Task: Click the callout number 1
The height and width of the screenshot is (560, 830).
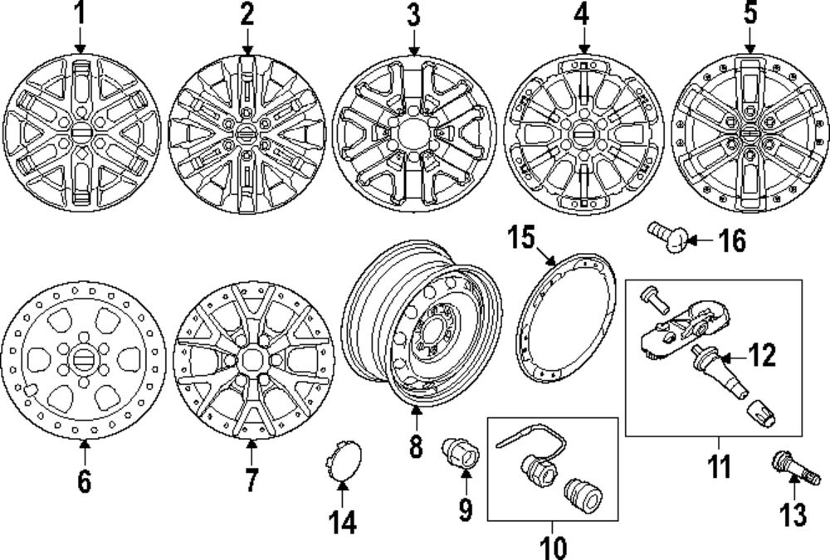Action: (80, 14)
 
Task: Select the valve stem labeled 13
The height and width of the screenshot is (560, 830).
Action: (793, 467)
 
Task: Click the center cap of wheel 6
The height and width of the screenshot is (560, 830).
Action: (82, 362)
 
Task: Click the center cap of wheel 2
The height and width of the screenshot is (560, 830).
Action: (247, 133)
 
